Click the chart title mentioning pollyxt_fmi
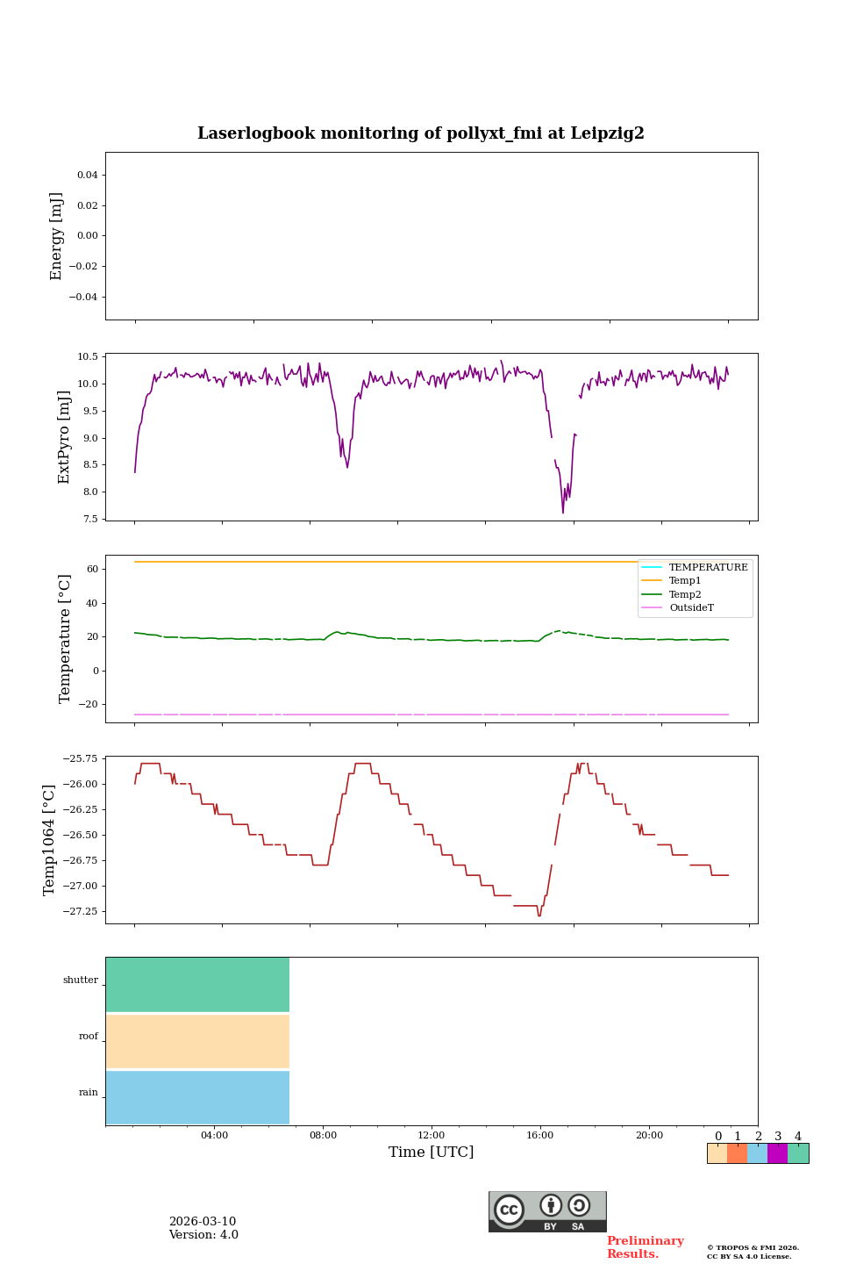pyautogui.click(x=421, y=133)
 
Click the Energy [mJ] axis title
pyautogui.click(x=57, y=236)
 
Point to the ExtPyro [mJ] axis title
pyautogui.click(x=64, y=437)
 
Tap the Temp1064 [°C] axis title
pyautogui.click(x=49, y=839)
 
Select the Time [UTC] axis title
pyautogui.click(x=432, y=1152)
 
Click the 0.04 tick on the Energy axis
pyautogui.click(x=87, y=175)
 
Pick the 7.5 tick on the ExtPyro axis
pyautogui.click(x=89, y=519)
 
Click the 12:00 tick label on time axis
pyautogui.click(x=432, y=1135)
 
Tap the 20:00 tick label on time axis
pyautogui.click(x=649, y=1135)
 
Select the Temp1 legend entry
pyautogui.click(x=685, y=581)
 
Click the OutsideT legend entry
pyautogui.click(x=691, y=607)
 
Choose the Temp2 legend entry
pyautogui.click(x=685, y=594)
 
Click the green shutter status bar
pyautogui.click(x=197, y=985)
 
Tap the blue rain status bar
pyautogui.click(x=197, y=1097)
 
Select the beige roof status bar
pyautogui.click(x=197, y=1041)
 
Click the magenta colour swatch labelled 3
pyautogui.click(x=777, y=1153)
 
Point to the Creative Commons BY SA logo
pyautogui.click(x=547, y=1211)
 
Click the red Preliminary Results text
pyautogui.click(x=645, y=1247)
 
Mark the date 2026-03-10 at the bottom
pyautogui.click(x=203, y=1222)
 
